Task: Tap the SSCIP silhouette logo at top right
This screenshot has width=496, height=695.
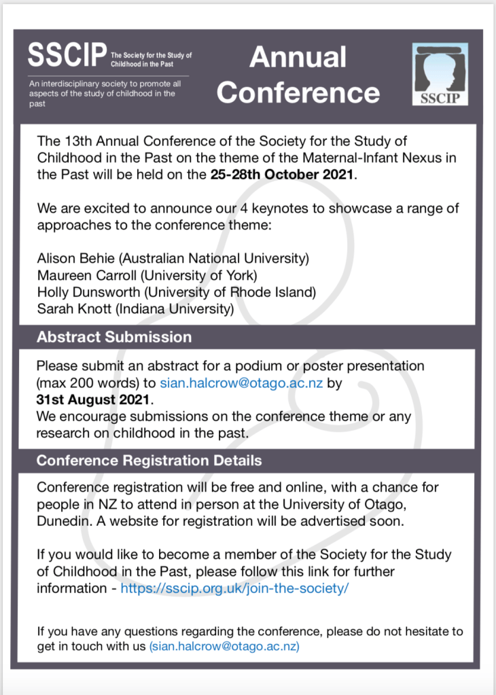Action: pyautogui.click(x=440, y=75)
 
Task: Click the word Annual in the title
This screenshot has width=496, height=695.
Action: pyautogui.click(x=298, y=57)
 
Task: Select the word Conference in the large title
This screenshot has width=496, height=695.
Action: pyautogui.click(x=298, y=92)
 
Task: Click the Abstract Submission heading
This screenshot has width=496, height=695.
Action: pyautogui.click(x=114, y=337)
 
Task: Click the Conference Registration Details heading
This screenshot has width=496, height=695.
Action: pyautogui.click(x=149, y=461)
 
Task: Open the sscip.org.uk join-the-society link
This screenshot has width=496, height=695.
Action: pyautogui.click(x=234, y=588)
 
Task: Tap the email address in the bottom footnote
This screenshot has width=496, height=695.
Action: pyautogui.click(x=224, y=647)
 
